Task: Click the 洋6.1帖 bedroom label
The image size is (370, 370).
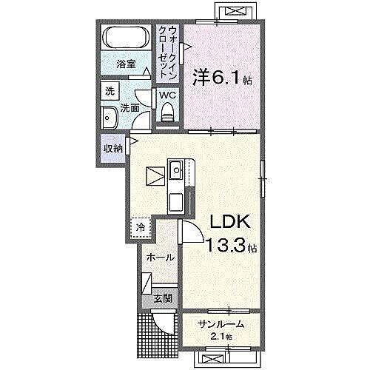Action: click(221, 77)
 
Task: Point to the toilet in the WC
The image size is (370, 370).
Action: click(166, 112)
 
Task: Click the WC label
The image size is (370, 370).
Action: click(166, 94)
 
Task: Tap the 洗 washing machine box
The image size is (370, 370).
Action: click(110, 92)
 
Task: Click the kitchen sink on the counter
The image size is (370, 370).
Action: click(178, 172)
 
